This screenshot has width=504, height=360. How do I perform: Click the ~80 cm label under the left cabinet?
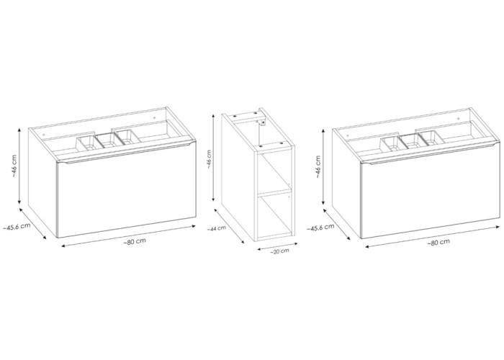pyautogui.click(x=135, y=241)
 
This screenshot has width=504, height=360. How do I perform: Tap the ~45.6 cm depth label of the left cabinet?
pyautogui.click(x=17, y=226)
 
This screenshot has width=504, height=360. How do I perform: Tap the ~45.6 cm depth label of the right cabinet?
pyautogui.click(x=320, y=227)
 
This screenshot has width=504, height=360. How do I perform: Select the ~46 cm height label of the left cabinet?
pyautogui.click(x=15, y=166)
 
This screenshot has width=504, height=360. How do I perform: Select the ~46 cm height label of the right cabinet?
pyautogui.click(x=318, y=167)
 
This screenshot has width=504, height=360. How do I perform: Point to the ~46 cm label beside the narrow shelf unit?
pyautogui.click(x=209, y=159)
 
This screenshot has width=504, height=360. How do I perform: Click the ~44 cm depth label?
pyautogui.click(x=216, y=228)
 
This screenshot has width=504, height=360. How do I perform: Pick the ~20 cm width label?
pyautogui.click(x=279, y=251)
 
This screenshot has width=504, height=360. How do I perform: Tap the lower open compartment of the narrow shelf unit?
pyautogui.click(x=274, y=216)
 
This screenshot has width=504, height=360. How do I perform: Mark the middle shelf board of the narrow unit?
pyautogui.click(x=274, y=194)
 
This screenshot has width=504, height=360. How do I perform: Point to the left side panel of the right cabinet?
pyautogui.click(x=346, y=183)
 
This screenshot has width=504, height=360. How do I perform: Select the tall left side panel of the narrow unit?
pyautogui.click(x=238, y=177)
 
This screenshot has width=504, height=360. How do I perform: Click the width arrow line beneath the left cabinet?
pyautogui.click(x=129, y=236)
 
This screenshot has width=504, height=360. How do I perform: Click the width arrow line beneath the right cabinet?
pyautogui.click(x=433, y=237)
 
